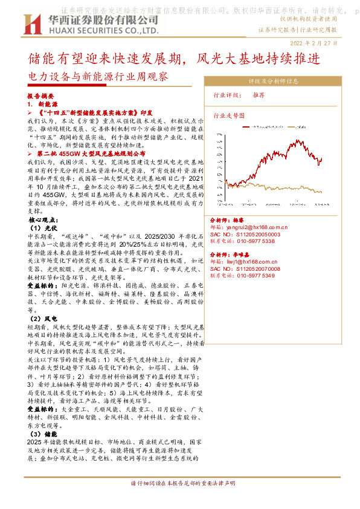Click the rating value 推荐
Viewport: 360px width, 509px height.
(259, 96)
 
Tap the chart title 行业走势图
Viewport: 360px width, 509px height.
(230, 114)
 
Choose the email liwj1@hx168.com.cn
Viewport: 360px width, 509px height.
(259, 262)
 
